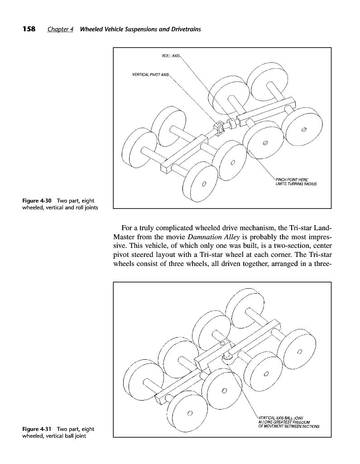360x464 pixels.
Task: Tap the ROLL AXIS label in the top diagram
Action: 170,56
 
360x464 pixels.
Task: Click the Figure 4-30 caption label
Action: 38,201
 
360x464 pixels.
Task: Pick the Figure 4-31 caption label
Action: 38,429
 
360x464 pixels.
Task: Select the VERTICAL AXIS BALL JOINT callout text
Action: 280,417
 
